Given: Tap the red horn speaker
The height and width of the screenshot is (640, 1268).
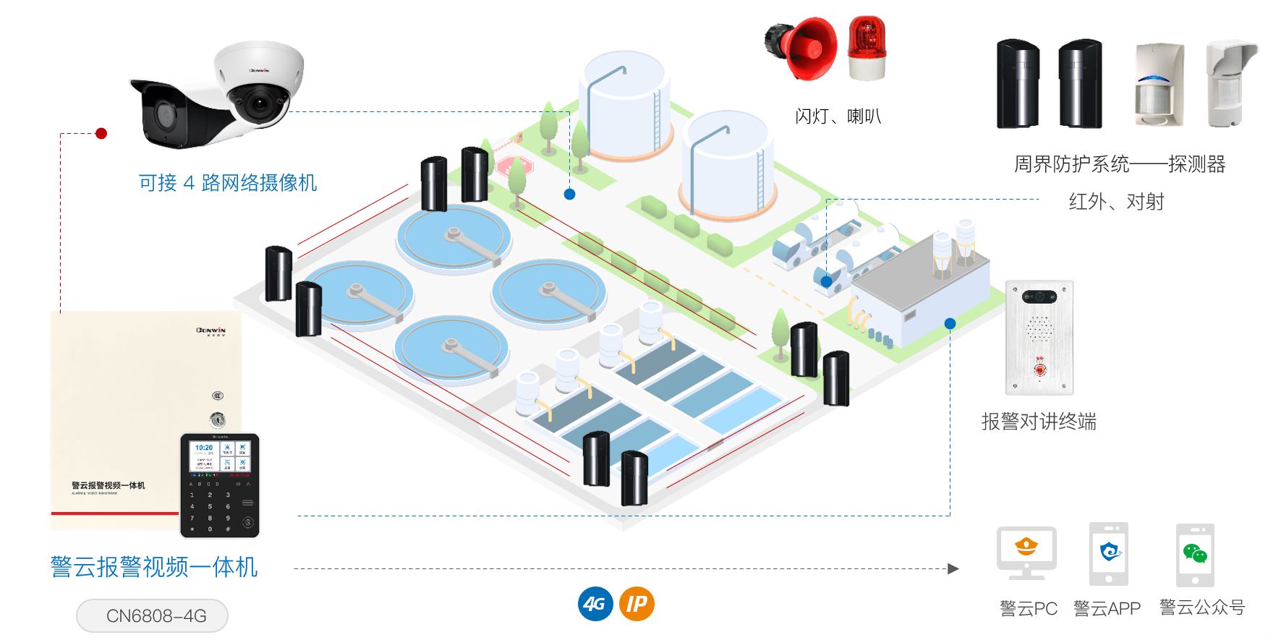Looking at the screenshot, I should tap(802, 48).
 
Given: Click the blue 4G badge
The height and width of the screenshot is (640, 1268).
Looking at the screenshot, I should tap(595, 604).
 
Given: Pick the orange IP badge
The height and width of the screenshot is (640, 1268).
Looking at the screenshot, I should tap(637, 604).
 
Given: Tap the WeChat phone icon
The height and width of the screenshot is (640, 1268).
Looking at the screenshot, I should tap(1195, 555).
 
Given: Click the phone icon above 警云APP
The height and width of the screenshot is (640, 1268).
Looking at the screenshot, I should tap(1109, 554).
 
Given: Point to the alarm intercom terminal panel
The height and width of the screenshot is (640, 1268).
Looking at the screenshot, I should tap(1039, 338).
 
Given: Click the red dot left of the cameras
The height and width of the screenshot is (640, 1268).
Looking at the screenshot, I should tap(101, 133).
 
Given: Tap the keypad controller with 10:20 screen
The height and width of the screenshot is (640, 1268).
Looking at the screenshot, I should tap(219, 485).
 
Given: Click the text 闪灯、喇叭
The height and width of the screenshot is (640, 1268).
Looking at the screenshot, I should tap(838, 116).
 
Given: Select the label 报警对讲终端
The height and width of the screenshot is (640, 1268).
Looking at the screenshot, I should tap(1039, 422).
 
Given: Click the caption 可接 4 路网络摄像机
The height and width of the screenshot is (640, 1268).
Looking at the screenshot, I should tap(228, 183).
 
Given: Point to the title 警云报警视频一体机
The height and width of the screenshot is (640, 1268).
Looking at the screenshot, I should tap(154, 567).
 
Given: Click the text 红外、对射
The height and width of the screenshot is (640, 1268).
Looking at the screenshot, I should tap(1116, 202).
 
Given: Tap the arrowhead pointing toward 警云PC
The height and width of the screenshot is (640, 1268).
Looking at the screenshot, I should tap(953, 568).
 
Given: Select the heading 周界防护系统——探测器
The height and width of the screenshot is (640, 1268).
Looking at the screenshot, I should tap(1119, 164).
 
